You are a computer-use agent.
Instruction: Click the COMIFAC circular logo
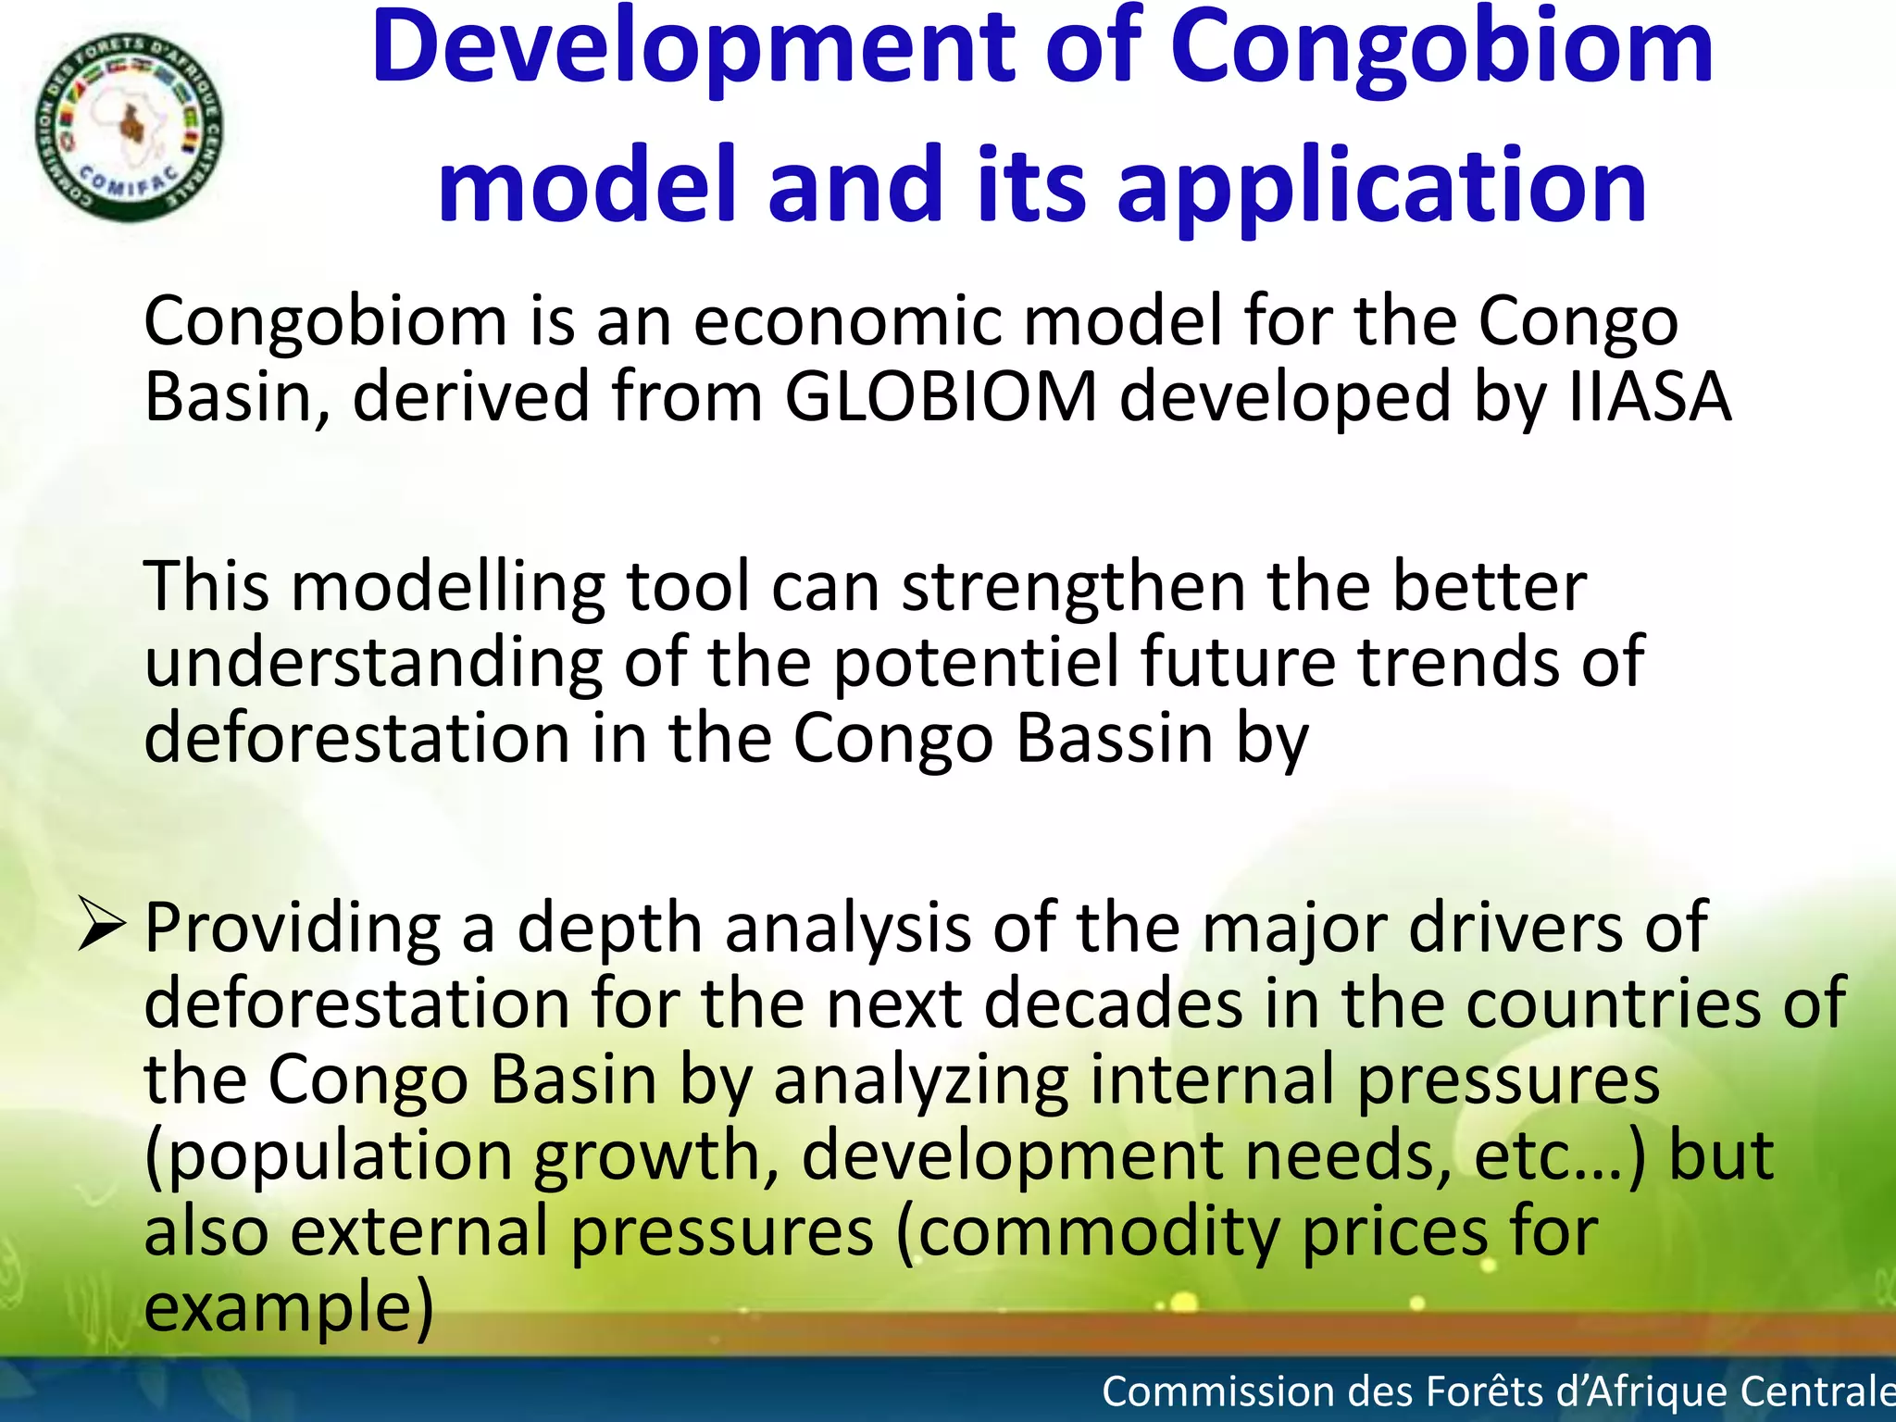129,128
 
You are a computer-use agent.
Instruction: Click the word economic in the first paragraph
847,322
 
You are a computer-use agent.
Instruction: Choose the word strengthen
1074,589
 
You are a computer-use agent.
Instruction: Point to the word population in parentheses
338,1157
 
